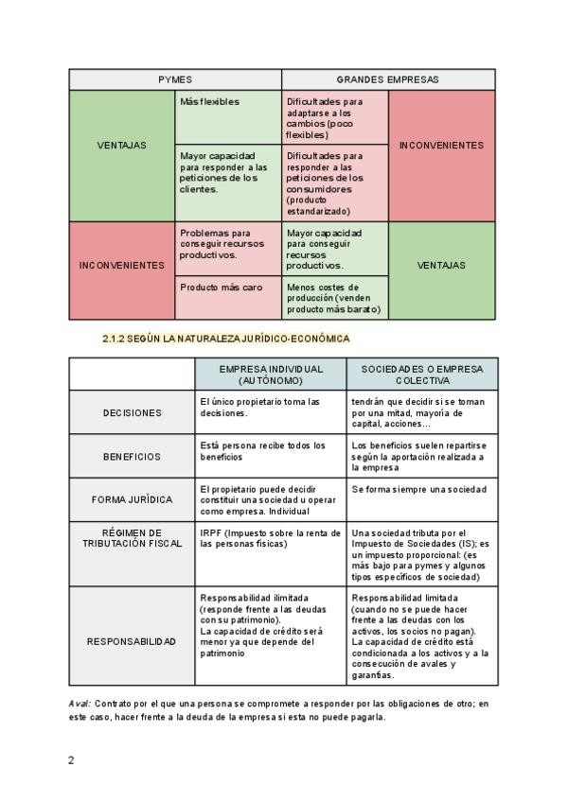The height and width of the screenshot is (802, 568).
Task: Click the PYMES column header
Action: pyautogui.click(x=175, y=79)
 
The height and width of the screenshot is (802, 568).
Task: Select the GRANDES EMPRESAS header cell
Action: pyautogui.click(x=387, y=79)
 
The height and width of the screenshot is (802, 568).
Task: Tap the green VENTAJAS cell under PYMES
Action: pyautogui.click(x=122, y=146)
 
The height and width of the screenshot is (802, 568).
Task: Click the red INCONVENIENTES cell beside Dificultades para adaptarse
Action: pyautogui.click(x=441, y=146)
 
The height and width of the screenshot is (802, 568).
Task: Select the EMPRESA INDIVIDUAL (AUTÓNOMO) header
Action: pyautogui.click(x=270, y=375)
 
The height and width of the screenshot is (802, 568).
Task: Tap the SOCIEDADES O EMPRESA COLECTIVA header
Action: pyautogui.click(x=421, y=375)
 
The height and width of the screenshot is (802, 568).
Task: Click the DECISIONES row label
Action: pyautogui.click(x=133, y=412)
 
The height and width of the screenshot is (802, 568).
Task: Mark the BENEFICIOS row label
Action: pyautogui.click(x=133, y=456)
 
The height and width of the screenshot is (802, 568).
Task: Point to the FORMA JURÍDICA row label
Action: pyautogui.click(x=133, y=499)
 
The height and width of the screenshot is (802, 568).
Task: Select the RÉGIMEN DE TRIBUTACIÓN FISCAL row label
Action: pyautogui.click(x=133, y=538)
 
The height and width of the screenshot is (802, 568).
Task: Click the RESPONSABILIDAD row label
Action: pyautogui.click(x=133, y=641)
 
